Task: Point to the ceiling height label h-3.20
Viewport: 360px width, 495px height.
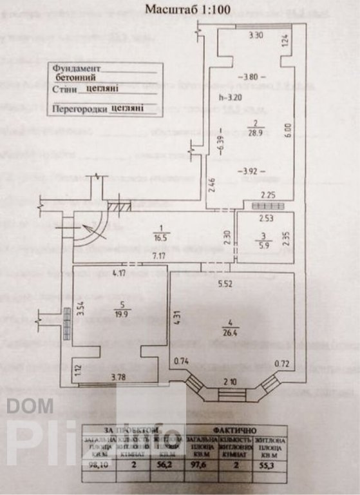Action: coord(230,99)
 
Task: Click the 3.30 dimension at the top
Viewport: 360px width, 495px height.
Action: coord(257,37)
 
